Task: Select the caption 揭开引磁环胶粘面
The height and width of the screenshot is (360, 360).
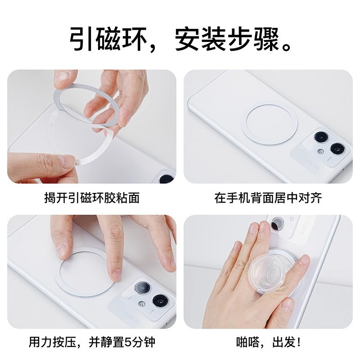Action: pyautogui.click(x=93, y=198)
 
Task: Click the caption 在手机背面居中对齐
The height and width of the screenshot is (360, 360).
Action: pyautogui.click(x=268, y=198)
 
